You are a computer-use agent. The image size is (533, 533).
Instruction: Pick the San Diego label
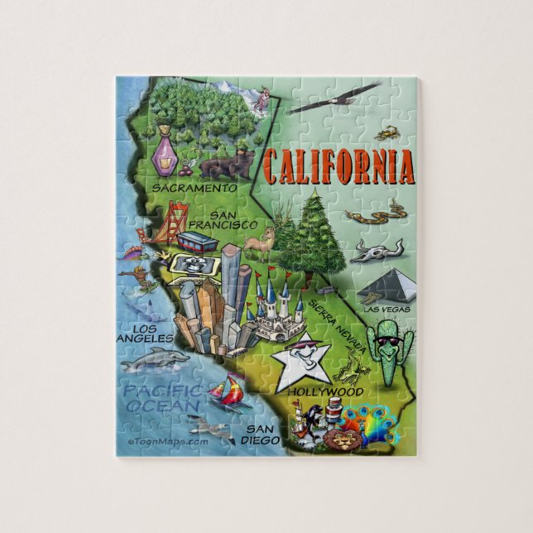coord(258,435)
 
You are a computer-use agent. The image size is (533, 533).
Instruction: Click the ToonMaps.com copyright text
coord(167,441)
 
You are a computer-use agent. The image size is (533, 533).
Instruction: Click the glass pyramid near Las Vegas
coord(385,286)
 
